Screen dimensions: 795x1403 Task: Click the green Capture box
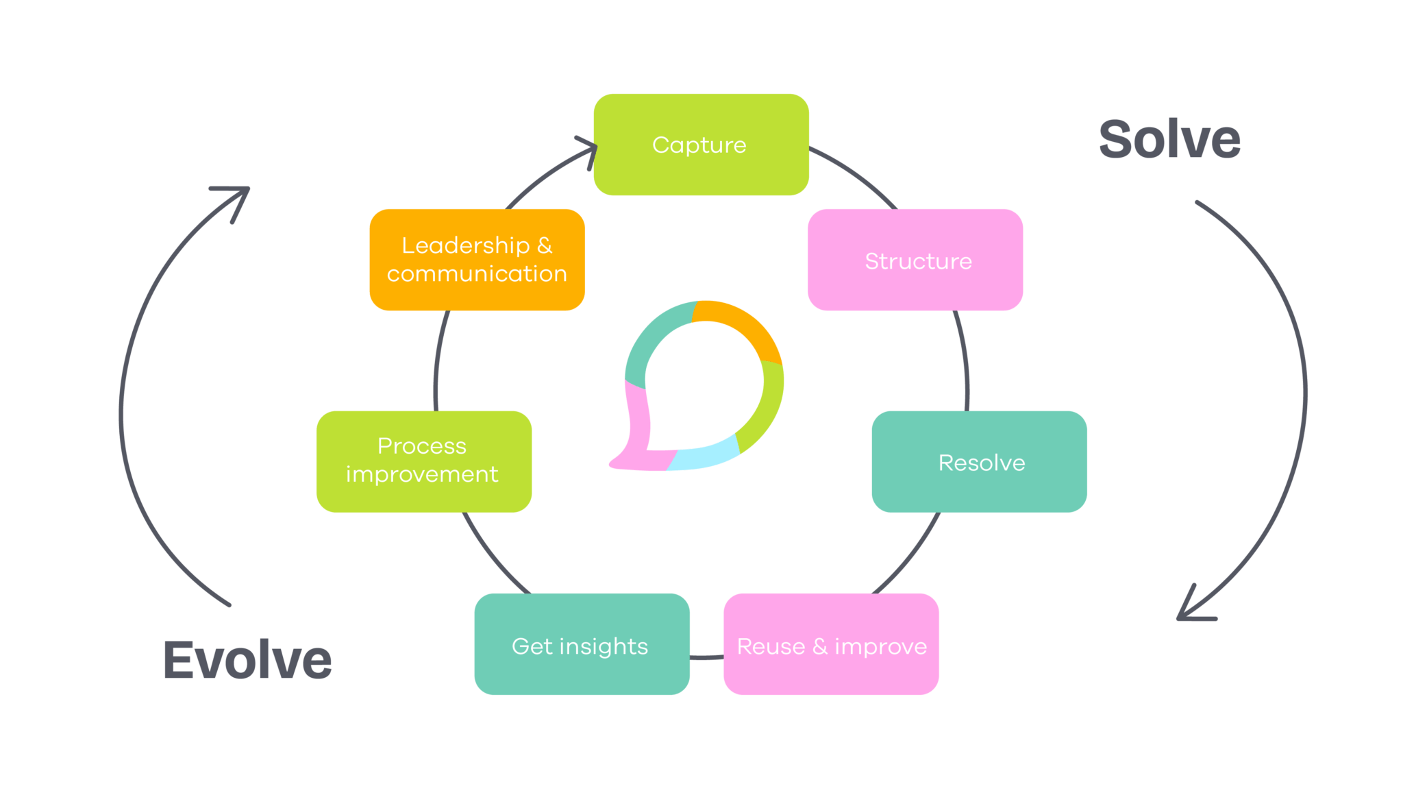click(x=701, y=145)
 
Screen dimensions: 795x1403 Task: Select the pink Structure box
click(x=915, y=260)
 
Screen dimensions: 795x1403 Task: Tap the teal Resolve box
click(x=979, y=462)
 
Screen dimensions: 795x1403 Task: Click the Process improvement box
click(x=423, y=461)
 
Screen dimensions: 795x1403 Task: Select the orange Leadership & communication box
click(x=477, y=260)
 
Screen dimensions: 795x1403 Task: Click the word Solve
click(x=1169, y=140)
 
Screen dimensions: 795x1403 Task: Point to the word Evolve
click(x=247, y=660)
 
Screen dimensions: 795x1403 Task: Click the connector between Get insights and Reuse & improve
click(x=706, y=658)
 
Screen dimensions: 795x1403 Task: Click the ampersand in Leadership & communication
click(x=545, y=245)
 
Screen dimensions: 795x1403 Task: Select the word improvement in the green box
click(x=422, y=474)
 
